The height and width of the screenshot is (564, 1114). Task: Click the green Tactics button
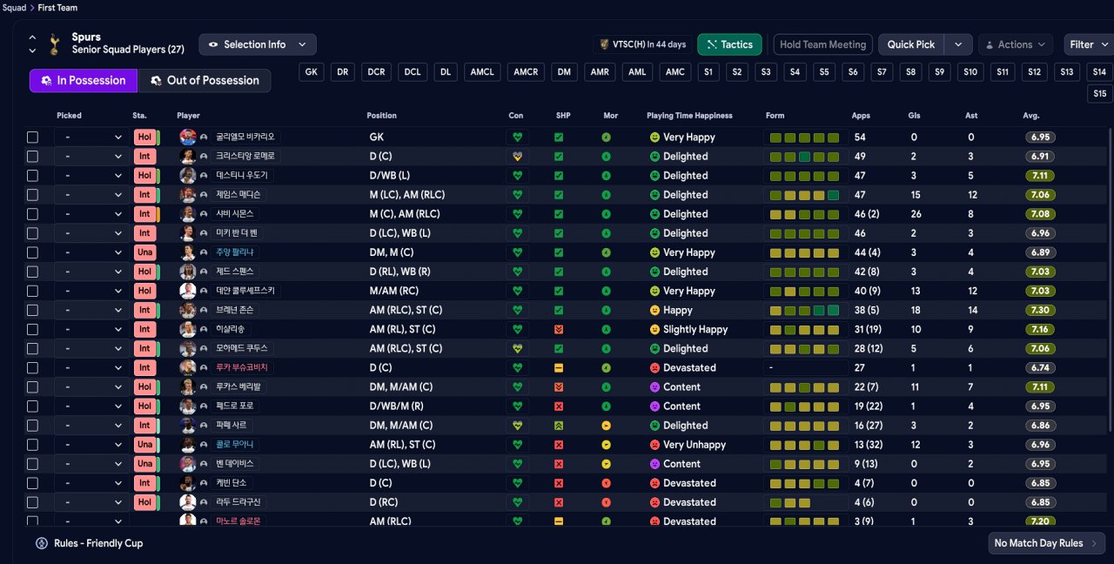pyautogui.click(x=729, y=44)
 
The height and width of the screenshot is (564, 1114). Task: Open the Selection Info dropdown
pyautogui.click(x=257, y=44)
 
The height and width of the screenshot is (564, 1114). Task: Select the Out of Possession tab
pyautogui.click(x=205, y=81)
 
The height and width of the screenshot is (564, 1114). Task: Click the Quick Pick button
pyautogui.click(x=911, y=44)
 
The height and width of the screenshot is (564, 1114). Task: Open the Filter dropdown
pyautogui.click(x=1088, y=44)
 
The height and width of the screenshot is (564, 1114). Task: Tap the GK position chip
pyautogui.click(x=312, y=72)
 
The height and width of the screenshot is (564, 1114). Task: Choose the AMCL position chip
pyautogui.click(x=482, y=72)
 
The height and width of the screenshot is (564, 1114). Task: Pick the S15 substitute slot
pyautogui.click(x=1100, y=94)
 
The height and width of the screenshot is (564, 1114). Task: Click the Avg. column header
pyautogui.click(x=1031, y=116)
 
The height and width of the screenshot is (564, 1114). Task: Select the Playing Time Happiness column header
pyautogui.click(x=689, y=116)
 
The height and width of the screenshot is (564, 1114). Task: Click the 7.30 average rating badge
pyautogui.click(x=1040, y=310)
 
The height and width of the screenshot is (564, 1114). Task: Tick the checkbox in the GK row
pyautogui.click(x=33, y=138)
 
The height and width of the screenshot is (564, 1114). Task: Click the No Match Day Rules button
pyautogui.click(x=1047, y=543)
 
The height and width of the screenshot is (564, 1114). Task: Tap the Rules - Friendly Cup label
pyautogui.click(x=98, y=543)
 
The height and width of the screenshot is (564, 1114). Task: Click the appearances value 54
pyautogui.click(x=860, y=138)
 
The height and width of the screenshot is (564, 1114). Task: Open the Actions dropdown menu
pyautogui.click(x=1016, y=44)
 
